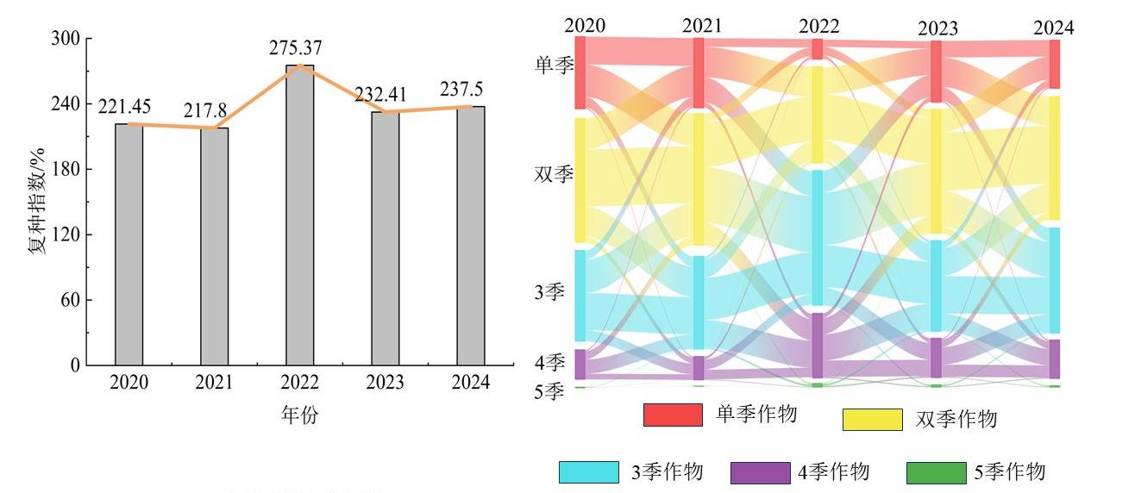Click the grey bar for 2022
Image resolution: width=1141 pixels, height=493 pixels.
300,215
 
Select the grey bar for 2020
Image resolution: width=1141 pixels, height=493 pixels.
129,245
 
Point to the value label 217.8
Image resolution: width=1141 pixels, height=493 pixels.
204,111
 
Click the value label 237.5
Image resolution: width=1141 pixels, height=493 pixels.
471,90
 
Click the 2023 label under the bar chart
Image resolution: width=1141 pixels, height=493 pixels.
386,383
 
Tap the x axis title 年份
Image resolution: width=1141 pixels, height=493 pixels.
299,415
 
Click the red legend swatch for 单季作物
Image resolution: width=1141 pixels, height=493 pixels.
673,415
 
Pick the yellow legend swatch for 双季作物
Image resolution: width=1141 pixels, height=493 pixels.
872,420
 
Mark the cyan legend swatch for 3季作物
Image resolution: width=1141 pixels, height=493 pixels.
588,472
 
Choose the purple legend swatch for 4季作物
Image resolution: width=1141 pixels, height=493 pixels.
760,472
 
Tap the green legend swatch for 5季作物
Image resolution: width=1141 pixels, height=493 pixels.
936,472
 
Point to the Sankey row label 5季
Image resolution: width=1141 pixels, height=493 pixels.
549,392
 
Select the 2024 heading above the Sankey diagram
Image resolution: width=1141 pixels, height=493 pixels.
1054,28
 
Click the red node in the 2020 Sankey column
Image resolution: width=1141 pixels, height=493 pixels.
580,72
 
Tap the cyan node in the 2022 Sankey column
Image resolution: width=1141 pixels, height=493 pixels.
817,237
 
